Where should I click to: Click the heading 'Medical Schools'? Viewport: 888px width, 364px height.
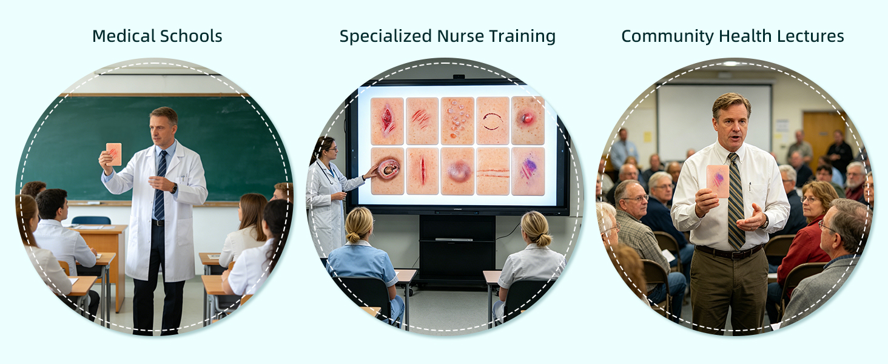click(157, 36)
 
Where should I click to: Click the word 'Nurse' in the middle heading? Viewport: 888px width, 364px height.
click(460, 36)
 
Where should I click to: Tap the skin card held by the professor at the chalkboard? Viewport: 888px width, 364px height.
click(114, 154)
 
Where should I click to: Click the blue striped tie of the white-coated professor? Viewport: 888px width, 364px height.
click(160, 185)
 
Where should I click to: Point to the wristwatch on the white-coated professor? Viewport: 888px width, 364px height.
click(174, 188)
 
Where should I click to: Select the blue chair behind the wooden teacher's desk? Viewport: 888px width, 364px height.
click(91, 220)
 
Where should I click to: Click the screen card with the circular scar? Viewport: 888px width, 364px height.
click(493, 121)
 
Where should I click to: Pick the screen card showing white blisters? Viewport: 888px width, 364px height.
click(457, 121)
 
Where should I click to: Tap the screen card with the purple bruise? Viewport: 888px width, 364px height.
click(528, 171)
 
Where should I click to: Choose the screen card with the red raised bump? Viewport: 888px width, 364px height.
click(528, 121)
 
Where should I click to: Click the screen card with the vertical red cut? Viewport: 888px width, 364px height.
click(422, 171)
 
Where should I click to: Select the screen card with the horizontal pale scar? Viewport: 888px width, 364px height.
click(493, 171)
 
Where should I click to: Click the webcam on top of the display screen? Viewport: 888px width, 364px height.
click(459, 76)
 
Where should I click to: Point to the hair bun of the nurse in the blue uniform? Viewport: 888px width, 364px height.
click(352, 238)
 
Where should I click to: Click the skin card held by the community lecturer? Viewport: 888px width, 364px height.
click(718, 181)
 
